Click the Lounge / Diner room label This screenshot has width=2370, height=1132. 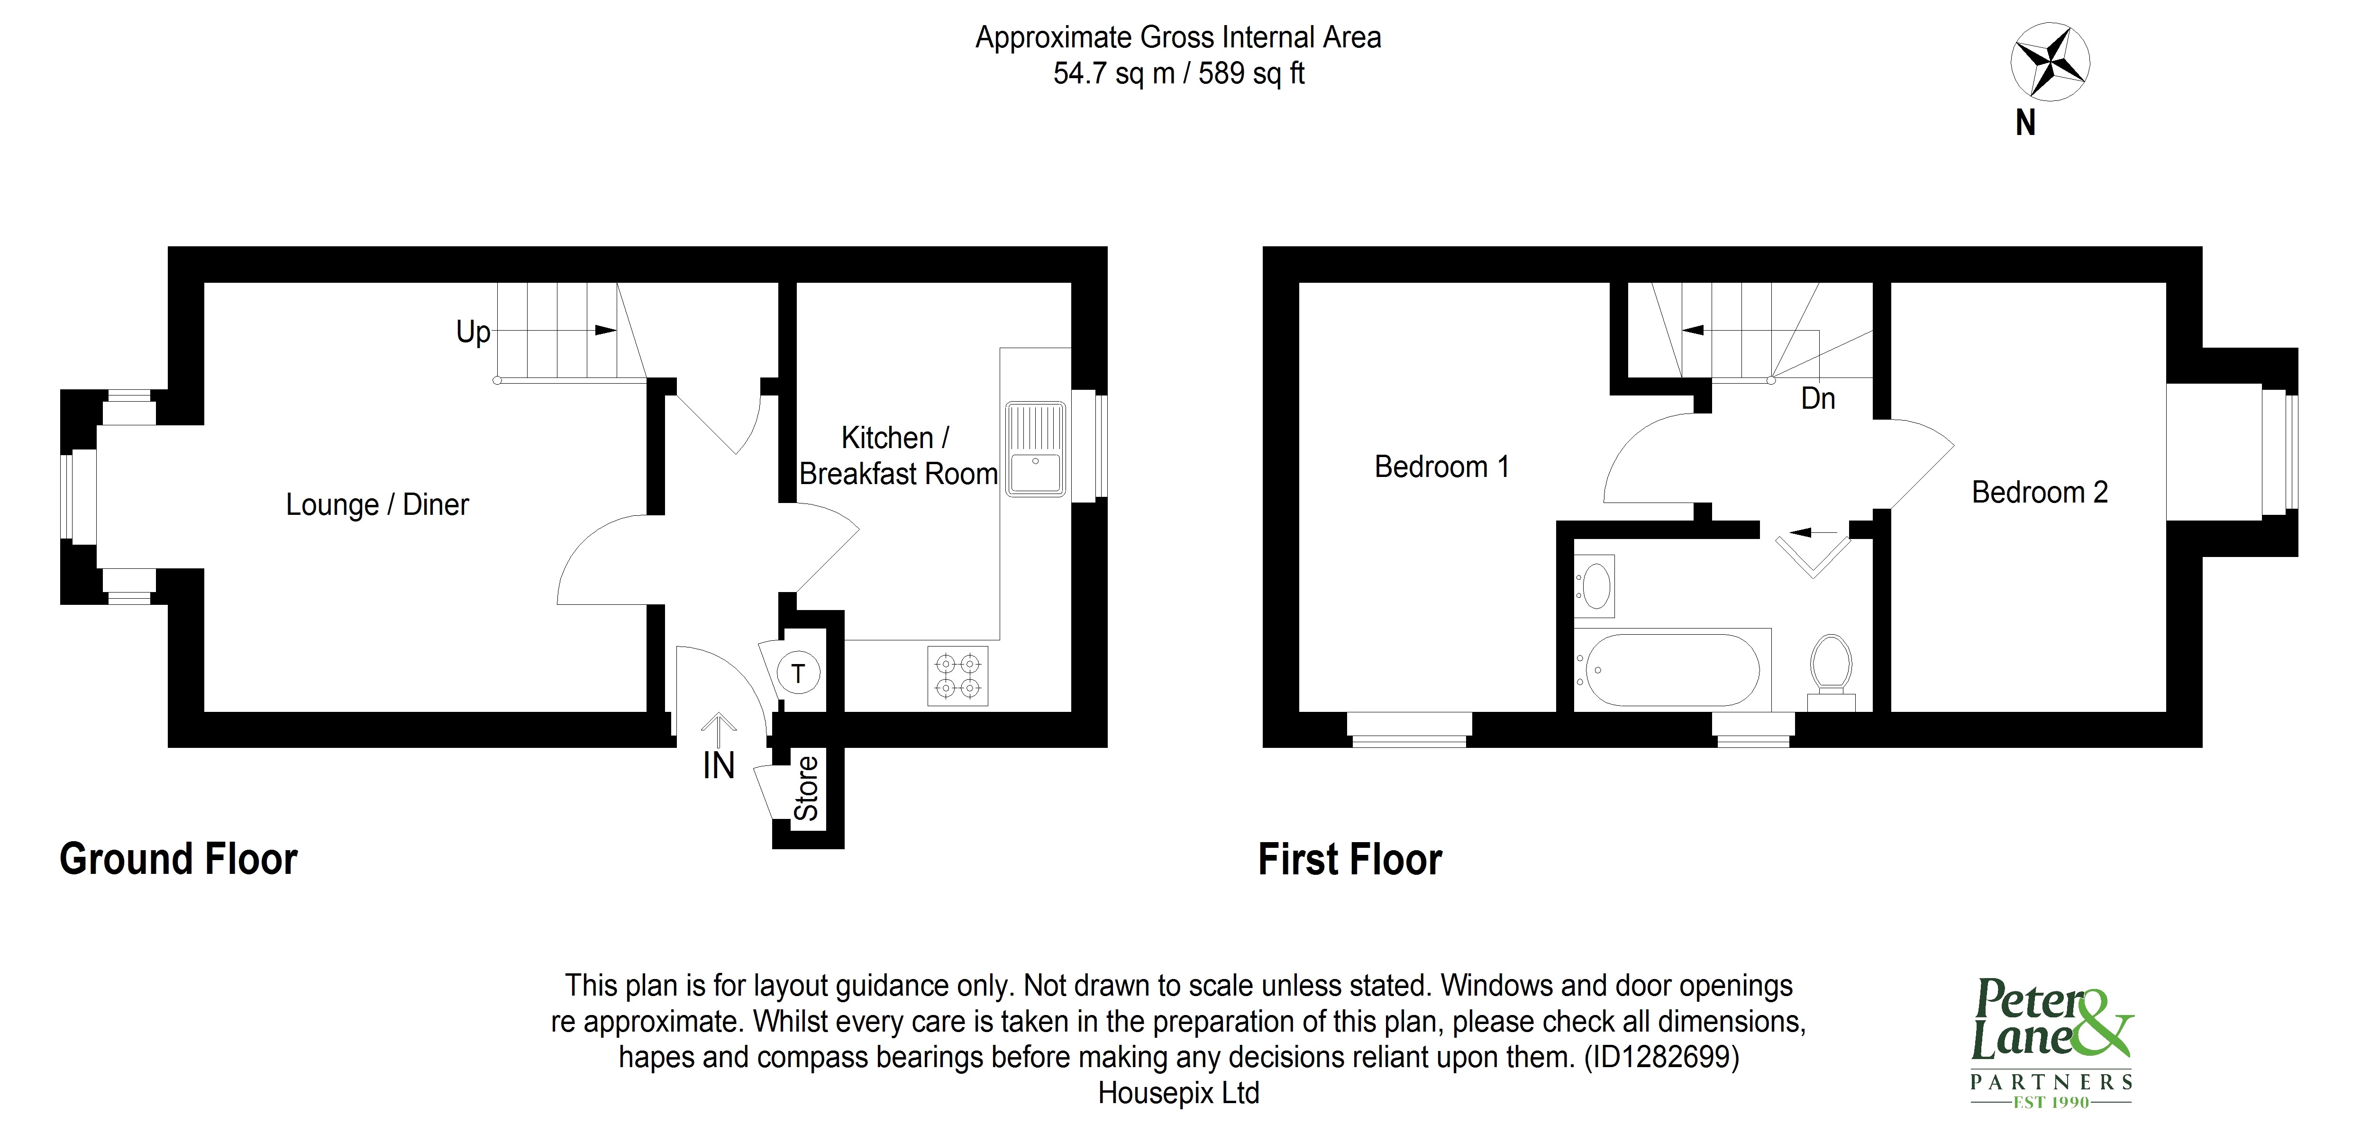pyautogui.click(x=377, y=505)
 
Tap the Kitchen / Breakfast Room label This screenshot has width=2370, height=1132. pyautogui.click(x=897, y=456)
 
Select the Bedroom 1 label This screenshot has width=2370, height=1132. pyautogui.click(x=1441, y=467)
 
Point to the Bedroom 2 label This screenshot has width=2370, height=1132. pyautogui.click(x=2039, y=493)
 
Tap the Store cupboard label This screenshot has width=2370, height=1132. pyautogui.click(x=807, y=788)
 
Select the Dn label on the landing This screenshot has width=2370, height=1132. pyautogui.click(x=1817, y=399)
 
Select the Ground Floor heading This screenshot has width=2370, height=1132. pyautogui.click(x=179, y=859)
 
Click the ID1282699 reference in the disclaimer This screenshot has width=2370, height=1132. pyautogui.click(x=1660, y=1058)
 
